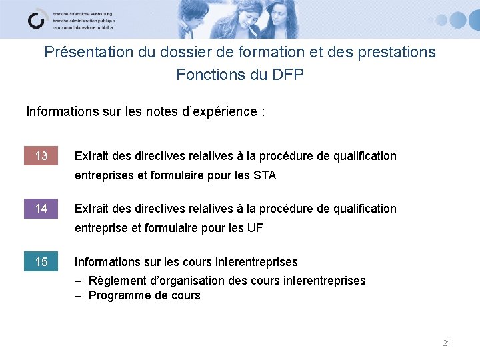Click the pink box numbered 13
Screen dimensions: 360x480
pos(41,156)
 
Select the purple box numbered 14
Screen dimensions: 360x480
pos(41,209)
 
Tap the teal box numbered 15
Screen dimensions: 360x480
pos(41,262)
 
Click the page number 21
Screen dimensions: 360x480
pos(447,343)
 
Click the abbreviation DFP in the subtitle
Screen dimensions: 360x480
pos(288,75)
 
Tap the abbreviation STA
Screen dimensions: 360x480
pos(264,176)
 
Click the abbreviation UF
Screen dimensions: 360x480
pos(255,229)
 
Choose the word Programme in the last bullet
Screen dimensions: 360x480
pos(117,295)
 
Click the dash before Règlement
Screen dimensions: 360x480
pos(79,281)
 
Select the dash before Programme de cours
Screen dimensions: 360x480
pos(79,296)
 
